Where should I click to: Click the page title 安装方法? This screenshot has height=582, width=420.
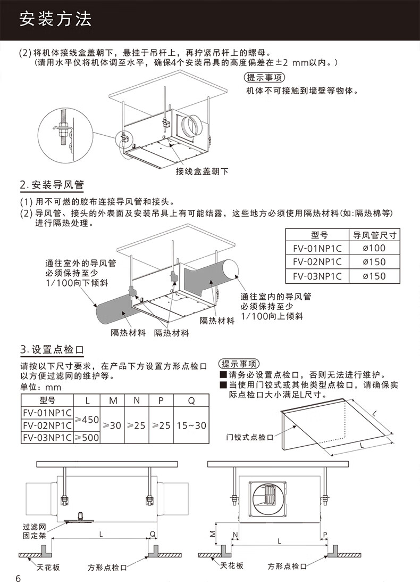tap(55, 19)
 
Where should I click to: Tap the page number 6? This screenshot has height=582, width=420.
tap(19, 578)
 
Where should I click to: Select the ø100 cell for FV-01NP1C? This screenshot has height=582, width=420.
tap(374, 248)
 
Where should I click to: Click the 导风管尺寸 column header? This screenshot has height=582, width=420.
tap(374, 235)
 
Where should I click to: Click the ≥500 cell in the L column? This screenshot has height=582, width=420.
tap(87, 437)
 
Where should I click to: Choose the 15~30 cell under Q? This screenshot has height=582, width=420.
tap(191, 425)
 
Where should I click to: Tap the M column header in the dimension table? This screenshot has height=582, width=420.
tap(113, 400)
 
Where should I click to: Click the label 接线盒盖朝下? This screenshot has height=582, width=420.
tap(202, 171)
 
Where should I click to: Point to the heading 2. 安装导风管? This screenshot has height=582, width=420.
tap(52, 185)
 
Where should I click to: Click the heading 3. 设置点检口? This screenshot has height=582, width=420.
tap(52, 350)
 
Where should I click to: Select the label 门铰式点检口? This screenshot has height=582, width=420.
tap(249, 437)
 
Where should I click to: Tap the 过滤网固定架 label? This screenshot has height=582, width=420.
tap(35, 531)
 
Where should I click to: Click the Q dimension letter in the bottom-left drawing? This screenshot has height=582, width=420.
tap(153, 534)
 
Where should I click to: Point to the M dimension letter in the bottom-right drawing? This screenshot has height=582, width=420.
tap(213, 534)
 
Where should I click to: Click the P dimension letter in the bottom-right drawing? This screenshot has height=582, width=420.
tap(325, 535)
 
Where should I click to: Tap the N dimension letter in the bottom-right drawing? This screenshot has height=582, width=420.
tap(235, 535)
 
